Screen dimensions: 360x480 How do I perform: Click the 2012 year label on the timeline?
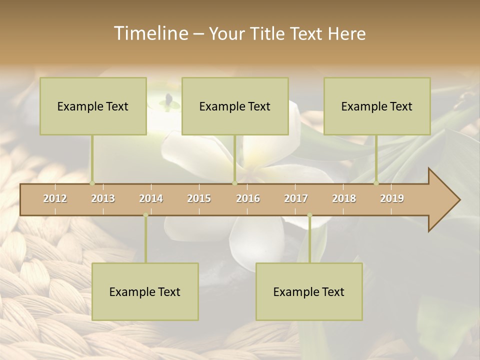click(x=55, y=198)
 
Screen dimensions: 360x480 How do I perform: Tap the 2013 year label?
click(x=103, y=198)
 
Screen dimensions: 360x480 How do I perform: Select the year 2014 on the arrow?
click(x=151, y=198)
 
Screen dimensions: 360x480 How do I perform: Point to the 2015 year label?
click(x=199, y=198)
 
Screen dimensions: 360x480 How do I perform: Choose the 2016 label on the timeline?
click(x=248, y=198)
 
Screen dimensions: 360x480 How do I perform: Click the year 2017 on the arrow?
click(x=296, y=198)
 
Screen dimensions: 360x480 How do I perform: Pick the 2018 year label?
click(x=344, y=198)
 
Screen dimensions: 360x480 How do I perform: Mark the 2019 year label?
click(x=392, y=198)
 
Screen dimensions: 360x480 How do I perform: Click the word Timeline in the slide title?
click(x=150, y=33)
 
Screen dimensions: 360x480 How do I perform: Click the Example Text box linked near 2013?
click(x=93, y=106)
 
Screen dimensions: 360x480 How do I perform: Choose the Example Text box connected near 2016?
click(x=235, y=106)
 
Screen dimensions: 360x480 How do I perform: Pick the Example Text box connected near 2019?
click(x=377, y=106)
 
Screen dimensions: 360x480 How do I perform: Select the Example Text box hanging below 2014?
click(x=145, y=291)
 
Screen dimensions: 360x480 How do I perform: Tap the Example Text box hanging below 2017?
click(x=309, y=291)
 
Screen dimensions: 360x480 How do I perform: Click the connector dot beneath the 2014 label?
click(x=145, y=215)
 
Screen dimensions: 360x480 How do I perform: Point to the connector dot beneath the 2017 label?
click(x=309, y=215)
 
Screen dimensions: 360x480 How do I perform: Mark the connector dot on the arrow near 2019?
click(x=376, y=183)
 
